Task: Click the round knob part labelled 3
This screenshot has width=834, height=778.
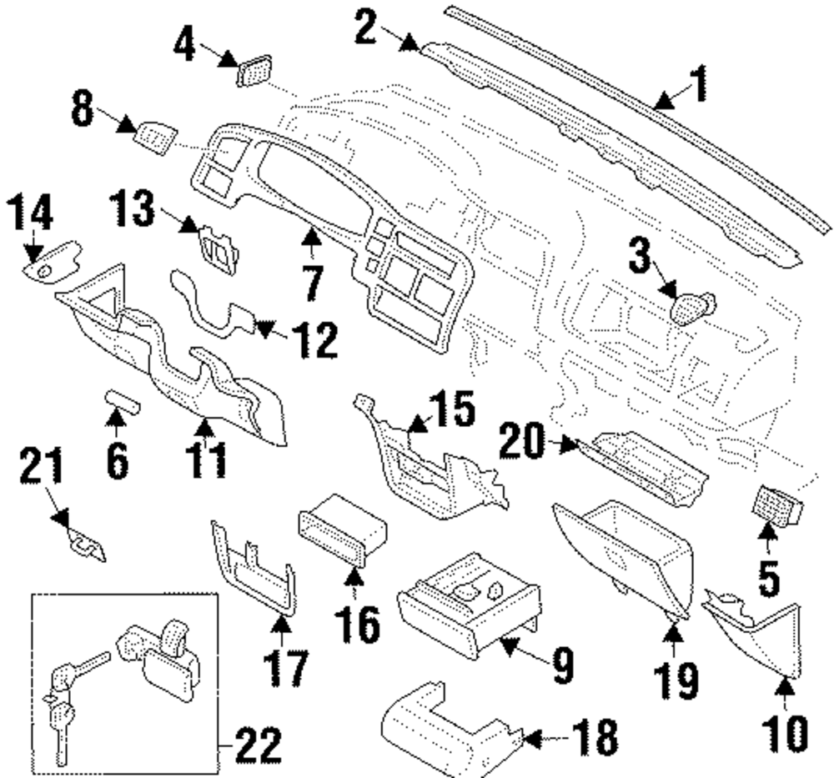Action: (691, 309)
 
